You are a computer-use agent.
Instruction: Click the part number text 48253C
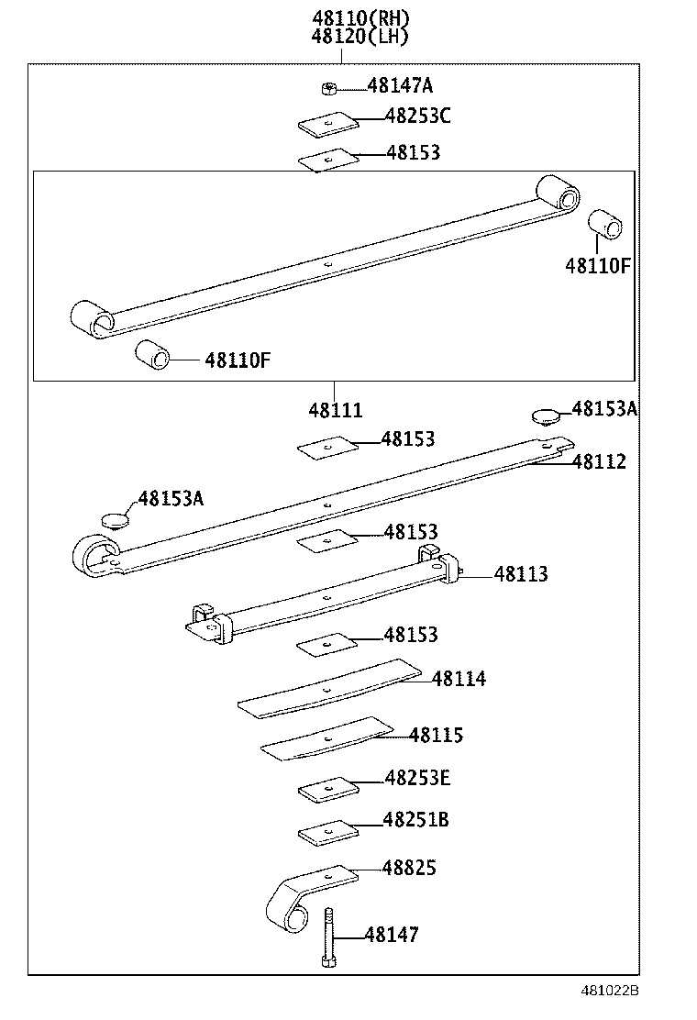point(417,116)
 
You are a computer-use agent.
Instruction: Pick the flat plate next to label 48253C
point(326,123)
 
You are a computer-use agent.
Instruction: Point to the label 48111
point(335,411)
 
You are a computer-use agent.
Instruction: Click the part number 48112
point(599,461)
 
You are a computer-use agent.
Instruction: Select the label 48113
point(521,574)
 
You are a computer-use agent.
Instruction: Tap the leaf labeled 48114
point(330,689)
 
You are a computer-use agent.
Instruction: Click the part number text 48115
point(437,736)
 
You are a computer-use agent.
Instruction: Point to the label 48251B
point(415,819)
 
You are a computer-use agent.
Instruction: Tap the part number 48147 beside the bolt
point(392,935)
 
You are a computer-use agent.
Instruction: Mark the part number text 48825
point(410,867)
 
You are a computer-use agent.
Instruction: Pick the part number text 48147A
point(400,86)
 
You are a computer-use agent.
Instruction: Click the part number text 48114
point(459,679)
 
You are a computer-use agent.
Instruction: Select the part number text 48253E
point(417,778)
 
